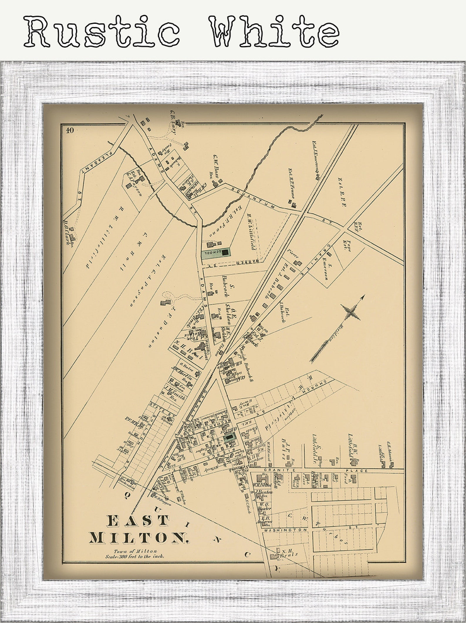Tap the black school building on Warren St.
tap(225, 252)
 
